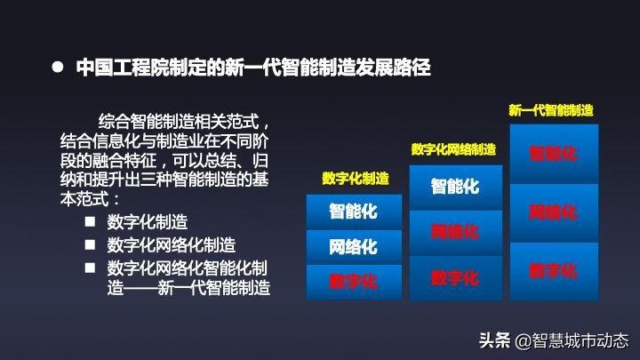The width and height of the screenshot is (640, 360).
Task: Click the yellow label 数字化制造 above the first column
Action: (x=356, y=179)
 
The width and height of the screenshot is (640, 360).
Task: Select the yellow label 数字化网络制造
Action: (x=453, y=149)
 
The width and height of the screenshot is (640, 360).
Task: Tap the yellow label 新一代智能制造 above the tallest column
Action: (x=550, y=110)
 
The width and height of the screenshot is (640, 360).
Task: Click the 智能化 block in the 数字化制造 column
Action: (x=354, y=212)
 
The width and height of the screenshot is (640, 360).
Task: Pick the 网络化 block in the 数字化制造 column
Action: (x=354, y=246)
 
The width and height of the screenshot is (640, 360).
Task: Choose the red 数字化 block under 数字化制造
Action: (x=354, y=282)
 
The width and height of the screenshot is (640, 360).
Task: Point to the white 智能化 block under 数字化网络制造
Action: (x=455, y=187)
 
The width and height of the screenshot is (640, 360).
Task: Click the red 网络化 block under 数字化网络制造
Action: (x=455, y=232)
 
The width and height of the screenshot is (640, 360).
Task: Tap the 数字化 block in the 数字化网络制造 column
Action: (x=455, y=277)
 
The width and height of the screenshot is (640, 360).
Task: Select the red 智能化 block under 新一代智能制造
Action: (x=553, y=153)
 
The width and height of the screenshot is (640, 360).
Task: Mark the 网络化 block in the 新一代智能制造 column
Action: (x=553, y=212)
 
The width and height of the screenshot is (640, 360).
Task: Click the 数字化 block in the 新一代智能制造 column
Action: (x=553, y=270)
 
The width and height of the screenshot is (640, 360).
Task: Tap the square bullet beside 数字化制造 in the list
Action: (x=90, y=221)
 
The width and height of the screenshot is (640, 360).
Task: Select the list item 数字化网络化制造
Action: (x=172, y=244)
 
